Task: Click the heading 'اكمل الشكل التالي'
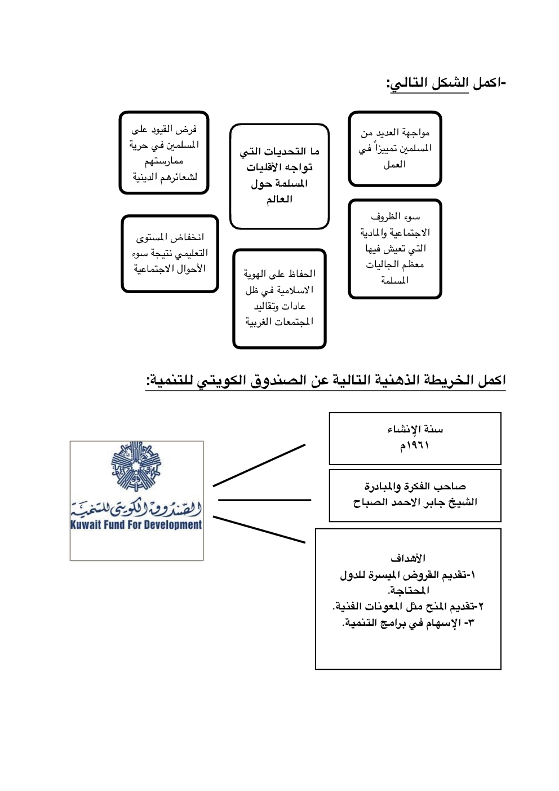pyautogui.click(x=446, y=83)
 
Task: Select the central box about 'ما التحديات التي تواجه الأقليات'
pyautogui.click(x=279, y=176)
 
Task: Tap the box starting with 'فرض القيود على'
pyautogui.click(x=164, y=153)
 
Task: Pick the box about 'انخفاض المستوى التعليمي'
pyautogui.click(x=170, y=253)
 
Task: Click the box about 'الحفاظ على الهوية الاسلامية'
pyautogui.click(x=279, y=298)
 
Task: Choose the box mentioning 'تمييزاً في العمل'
pyautogui.click(x=394, y=149)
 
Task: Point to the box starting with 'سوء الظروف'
pyautogui.click(x=394, y=248)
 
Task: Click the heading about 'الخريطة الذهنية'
pyautogui.click(x=326, y=381)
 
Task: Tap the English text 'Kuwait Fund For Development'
pyautogui.click(x=136, y=525)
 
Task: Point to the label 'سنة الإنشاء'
pyautogui.click(x=415, y=430)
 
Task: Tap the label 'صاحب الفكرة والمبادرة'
pyautogui.click(x=415, y=486)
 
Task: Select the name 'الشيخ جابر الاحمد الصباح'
pyautogui.click(x=415, y=502)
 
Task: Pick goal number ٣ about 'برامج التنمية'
pyautogui.click(x=409, y=623)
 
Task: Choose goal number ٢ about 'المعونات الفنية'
pyautogui.click(x=409, y=607)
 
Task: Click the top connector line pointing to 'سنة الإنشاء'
pyautogui.click(x=259, y=465)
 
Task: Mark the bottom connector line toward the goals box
pyautogui.click(x=259, y=529)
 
